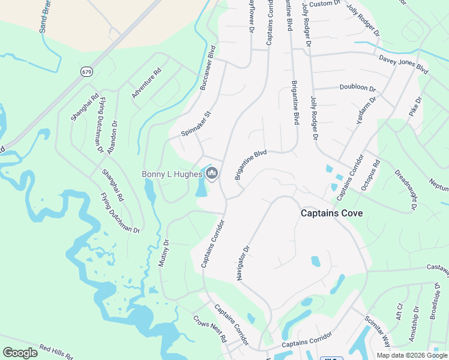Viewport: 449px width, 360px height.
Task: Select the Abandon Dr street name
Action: click(112, 137)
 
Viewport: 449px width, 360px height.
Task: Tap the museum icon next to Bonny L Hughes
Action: click(211, 174)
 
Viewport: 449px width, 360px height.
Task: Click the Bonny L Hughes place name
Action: click(170, 175)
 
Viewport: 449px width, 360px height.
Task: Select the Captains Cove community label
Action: click(331, 213)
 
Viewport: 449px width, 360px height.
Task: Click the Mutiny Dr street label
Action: click(164, 254)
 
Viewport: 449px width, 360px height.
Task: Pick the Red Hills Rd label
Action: click(56, 352)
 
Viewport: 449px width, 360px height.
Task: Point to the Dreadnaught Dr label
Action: click(406, 190)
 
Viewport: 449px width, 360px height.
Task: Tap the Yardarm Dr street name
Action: click(365, 110)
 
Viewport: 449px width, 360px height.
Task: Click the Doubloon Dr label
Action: click(357, 88)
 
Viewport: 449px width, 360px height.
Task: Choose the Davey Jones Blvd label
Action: click(403, 64)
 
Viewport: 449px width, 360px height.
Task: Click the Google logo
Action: click(20, 353)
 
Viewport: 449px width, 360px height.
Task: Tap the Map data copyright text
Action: click(412, 355)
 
